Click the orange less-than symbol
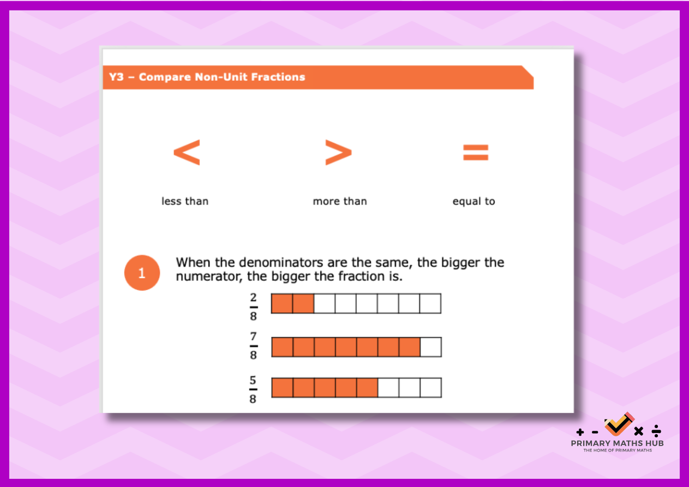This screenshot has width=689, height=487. (187, 153)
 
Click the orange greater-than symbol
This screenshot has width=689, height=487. (338, 153)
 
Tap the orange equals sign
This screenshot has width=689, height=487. (476, 153)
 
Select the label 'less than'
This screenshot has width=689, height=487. (185, 201)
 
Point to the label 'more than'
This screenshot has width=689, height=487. (340, 201)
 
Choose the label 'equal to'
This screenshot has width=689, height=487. (474, 202)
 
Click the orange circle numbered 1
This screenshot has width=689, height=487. (142, 273)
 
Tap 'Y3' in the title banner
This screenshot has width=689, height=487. (116, 77)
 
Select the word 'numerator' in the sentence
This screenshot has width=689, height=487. (207, 276)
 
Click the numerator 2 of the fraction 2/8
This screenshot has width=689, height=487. (253, 298)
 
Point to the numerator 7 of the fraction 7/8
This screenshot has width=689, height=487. (253, 336)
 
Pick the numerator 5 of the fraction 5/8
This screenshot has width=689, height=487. (253, 380)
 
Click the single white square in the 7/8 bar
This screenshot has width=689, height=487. (430, 347)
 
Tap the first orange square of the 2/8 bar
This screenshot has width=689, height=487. (281, 303)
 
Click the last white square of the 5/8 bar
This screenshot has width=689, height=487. (430, 388)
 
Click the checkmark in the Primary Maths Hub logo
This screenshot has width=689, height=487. (618, 424)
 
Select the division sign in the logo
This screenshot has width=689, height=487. (656, 431)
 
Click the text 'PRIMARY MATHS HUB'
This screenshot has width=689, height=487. (618, 443)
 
